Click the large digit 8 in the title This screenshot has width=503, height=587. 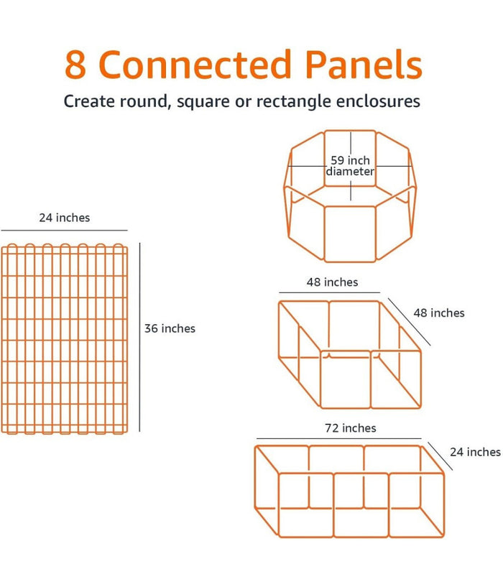click(x=76, y=65)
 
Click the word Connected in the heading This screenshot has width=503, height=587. click(x=195, y=64)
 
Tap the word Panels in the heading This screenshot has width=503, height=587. click(x=364, y=64)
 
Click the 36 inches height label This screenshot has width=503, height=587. click(x=170, y=328)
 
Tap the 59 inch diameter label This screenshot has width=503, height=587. click(x=350, y=166)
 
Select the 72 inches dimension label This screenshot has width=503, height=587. click(x=351, y=428)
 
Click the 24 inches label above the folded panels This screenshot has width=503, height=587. click(x=65, y=218)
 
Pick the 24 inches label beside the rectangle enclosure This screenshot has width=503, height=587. click(x=475, y=452)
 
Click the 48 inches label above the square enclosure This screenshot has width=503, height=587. click(x=332, y=282)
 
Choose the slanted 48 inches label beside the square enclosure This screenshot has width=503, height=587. click(x=439, y=313)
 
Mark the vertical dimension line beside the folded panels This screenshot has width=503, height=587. click(x=139, y=337)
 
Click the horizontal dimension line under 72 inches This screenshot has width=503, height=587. click(x=339, y=438)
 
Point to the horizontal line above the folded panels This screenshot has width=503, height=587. click(x=64, y=230)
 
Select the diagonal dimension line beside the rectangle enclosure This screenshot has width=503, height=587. click(x=440, y=456)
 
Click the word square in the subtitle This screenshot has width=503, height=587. click(x=203, y=102)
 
